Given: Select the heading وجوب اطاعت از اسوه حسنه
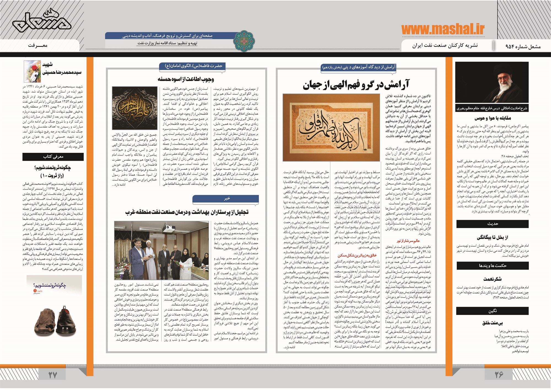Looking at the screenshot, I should coord(186,79).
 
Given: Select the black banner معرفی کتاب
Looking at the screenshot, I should coord(53,157).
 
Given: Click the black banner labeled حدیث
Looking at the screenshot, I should coord(492,224).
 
